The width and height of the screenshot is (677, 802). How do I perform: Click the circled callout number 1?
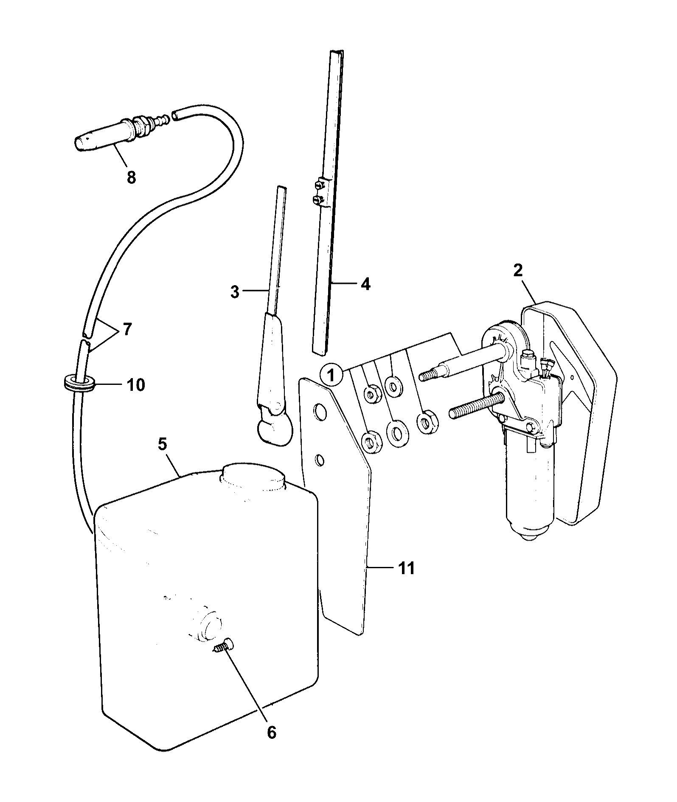coord(332,375)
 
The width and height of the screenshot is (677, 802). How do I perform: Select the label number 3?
coord(235,292)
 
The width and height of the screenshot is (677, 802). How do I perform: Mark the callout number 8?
coord(131,177)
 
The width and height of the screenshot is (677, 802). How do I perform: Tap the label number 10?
coord(136,385)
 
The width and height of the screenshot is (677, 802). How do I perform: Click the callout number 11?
coord(406,568)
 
